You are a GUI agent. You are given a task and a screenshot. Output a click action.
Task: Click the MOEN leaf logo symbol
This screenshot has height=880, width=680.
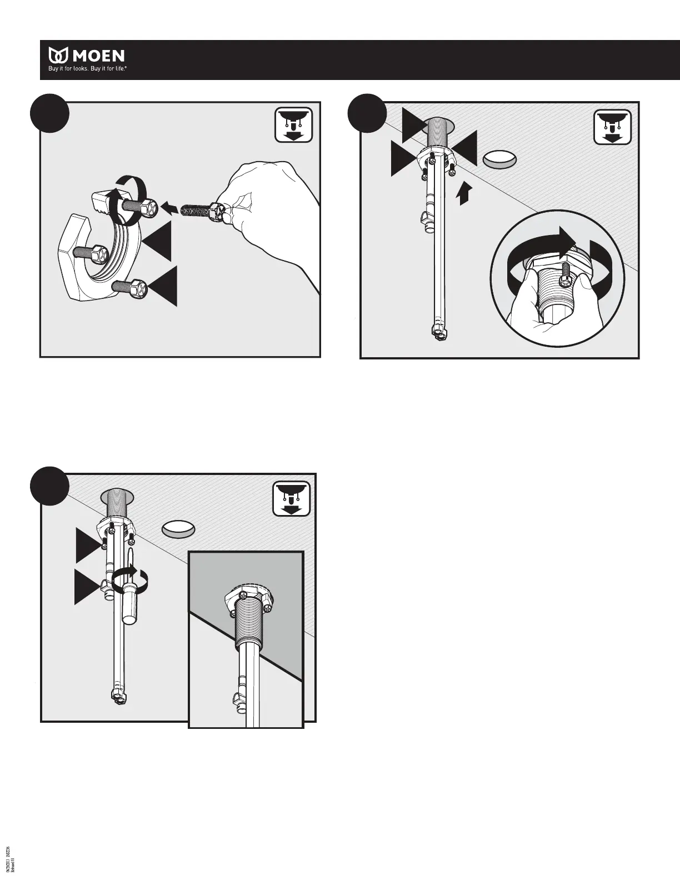click(x=58, y=56)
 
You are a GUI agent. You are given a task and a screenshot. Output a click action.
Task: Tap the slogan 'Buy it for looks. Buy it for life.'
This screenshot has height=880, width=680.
click(x=89, y=71)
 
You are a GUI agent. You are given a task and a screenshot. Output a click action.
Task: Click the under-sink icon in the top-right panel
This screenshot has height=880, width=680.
click(x=612, y=126)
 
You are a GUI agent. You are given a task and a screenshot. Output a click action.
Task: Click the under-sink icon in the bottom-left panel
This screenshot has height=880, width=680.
click(x=292, y=498)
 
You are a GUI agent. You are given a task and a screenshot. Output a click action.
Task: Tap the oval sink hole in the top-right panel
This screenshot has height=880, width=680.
click(x=498, y=159)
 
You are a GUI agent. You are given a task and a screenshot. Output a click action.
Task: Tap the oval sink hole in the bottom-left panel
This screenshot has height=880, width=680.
click(x=178, y=529)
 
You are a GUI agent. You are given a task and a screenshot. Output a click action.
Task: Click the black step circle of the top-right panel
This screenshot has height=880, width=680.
click(x=366, y=114)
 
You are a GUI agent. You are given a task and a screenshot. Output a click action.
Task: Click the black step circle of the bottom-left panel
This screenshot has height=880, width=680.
click(x=49, y=486)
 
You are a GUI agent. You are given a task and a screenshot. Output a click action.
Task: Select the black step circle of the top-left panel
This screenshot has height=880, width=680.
click(x=49, y=113)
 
